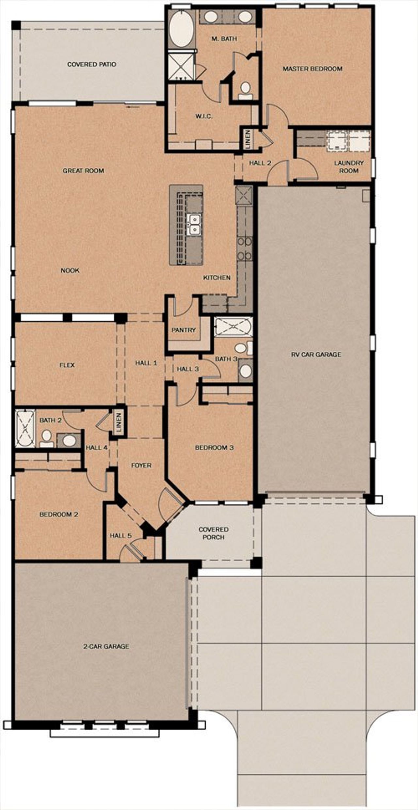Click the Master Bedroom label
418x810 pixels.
pyautogui.click(x=312, y=69)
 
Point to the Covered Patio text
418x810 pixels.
pyautogui.click(x=91, y=64)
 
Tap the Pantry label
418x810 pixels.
pyautogui.click(x=184, y=330)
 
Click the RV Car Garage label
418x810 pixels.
pyautogui.click(x=316, y=354)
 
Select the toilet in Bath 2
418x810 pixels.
pyautogui.click(x=47, y=438)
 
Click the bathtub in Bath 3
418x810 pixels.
pyautogui.click(x=233, y=327)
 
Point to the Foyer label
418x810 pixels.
pyautogui.click(x=141, y=465)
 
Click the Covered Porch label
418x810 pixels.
pyautogui.click(x=214, y=533)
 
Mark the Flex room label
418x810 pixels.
pyautogui.click(x=67, y=365)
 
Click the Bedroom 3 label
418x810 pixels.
pyautogui.click(x=214, y=447)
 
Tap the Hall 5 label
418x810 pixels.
pyautogui.click(x=121, y=535)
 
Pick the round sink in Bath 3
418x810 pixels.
pyautogui.click(x=246, y=371)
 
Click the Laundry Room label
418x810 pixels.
pyautogui.click(x=348, y=167)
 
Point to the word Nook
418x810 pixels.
pyautogui.click(x=70, y=270)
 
